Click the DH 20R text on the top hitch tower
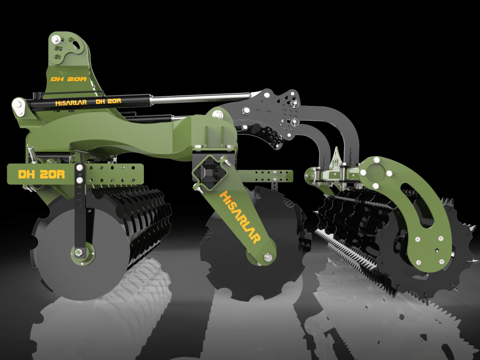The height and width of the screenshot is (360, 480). click(x=68, y=79)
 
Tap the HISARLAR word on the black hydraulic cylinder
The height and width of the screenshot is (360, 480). click(x=71, y=103)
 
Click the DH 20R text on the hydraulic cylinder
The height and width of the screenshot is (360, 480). click(x=108, y=101)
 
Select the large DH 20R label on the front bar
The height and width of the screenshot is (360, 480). click(x=41, y=174)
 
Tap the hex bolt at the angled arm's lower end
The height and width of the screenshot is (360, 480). click(x=268, y=257)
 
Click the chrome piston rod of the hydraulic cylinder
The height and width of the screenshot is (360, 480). click(x=201, y=98)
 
